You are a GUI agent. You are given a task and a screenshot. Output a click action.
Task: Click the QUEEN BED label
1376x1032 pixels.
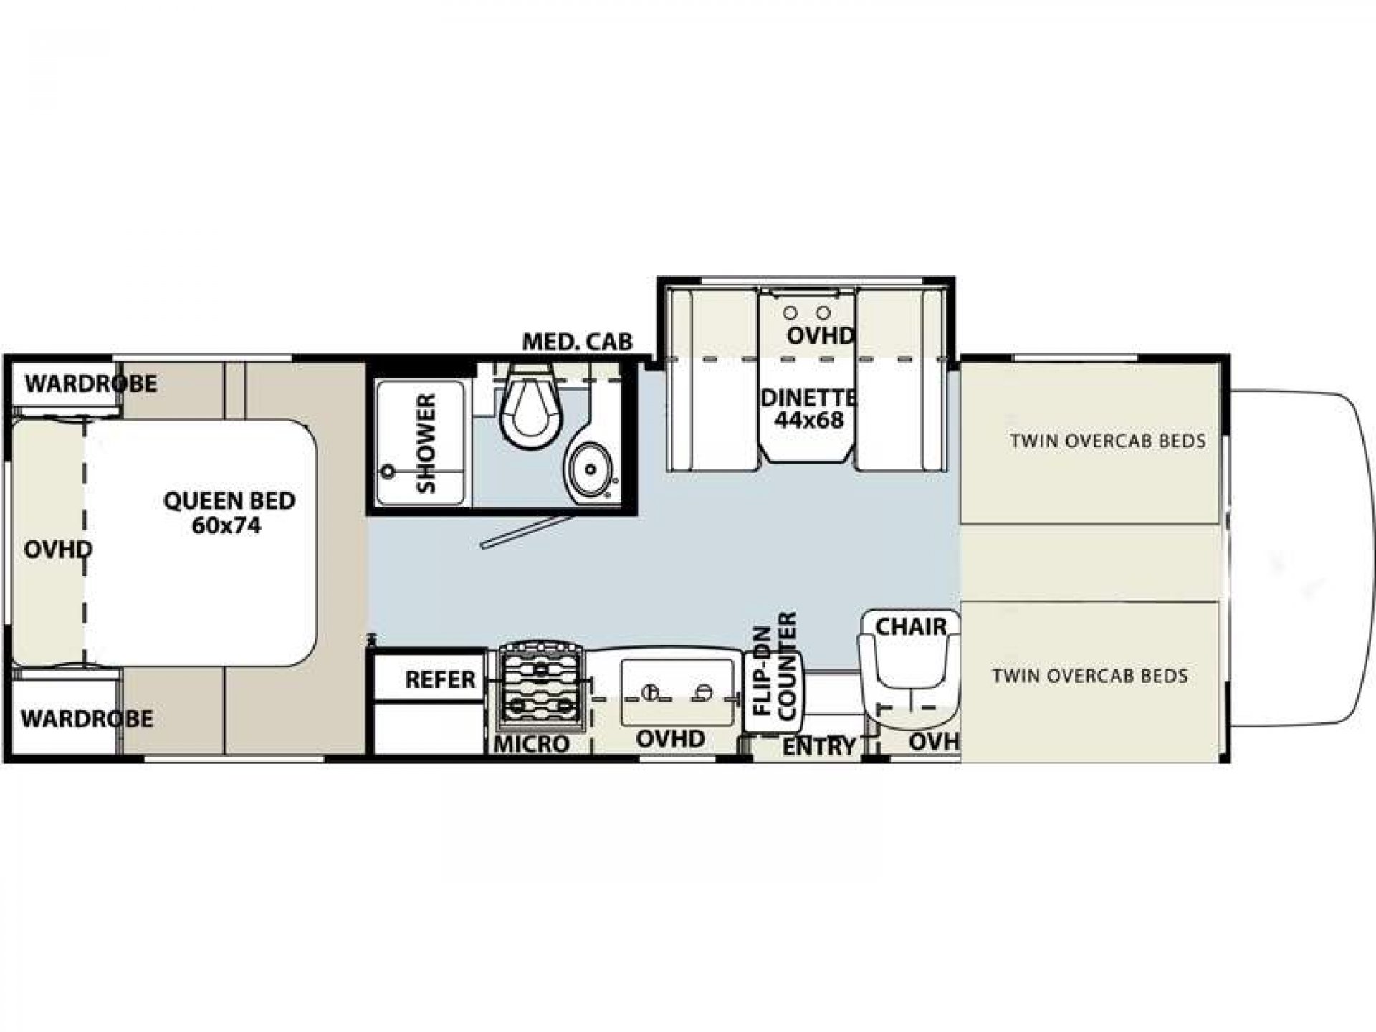click(x=229, y=512)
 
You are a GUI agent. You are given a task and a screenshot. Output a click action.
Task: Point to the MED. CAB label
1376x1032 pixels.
click(x=577, y=342)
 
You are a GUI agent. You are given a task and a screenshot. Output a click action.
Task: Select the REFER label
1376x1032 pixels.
click(x=440, y=679)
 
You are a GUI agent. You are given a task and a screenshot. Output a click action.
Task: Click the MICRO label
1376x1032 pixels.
click(x=531, y=744)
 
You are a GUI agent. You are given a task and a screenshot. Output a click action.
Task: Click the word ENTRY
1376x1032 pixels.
click(x=818, y=747)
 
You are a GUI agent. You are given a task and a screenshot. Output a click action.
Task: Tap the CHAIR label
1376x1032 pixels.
click(x=911, y=626)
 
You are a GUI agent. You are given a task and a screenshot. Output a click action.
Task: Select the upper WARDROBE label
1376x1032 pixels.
click(x=91, y=383)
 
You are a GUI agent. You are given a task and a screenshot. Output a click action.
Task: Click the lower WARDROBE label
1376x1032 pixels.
click(x=87, y=718)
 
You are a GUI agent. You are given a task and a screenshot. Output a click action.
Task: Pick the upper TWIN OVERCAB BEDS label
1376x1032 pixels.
click(x=1108, y=441)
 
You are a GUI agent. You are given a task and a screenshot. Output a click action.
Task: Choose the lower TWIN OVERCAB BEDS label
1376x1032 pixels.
click(x=1090, y=675)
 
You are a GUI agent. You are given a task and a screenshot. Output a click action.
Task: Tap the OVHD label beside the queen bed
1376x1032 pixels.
click(x=58, y=550)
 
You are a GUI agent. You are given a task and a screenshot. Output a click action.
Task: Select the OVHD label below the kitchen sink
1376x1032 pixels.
click(x=671, y=739)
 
